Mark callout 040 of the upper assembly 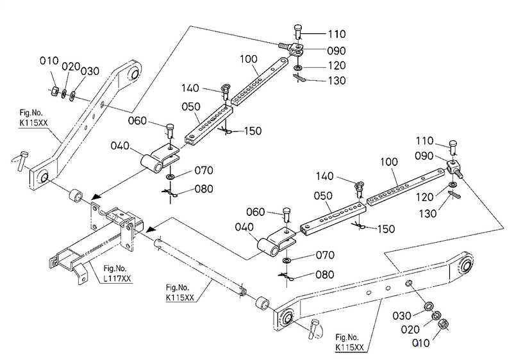(x=123, y=147)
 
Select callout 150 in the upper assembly (x=253, y=131)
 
